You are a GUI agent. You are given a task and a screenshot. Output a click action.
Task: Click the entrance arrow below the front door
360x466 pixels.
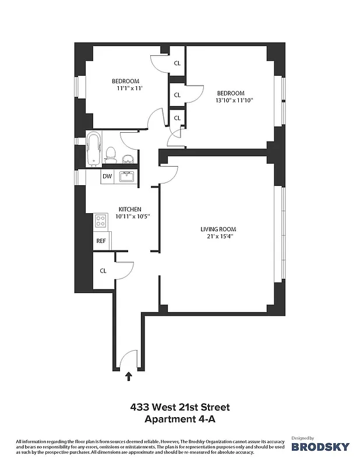pos(128,377)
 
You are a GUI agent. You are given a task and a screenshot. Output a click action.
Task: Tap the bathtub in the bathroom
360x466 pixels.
pos(93,150)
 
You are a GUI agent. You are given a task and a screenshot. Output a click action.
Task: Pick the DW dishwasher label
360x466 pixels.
pos(107,176)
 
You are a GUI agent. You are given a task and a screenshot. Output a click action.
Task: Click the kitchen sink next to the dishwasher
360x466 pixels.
pos(127,176)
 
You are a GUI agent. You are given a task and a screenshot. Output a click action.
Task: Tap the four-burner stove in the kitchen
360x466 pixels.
pos(100,221)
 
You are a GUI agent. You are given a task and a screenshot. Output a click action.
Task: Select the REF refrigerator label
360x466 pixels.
pos(101,240)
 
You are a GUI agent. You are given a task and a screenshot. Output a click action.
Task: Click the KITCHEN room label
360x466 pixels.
pos(129,209)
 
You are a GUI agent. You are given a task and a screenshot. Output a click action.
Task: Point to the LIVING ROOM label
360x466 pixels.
pos(218,229)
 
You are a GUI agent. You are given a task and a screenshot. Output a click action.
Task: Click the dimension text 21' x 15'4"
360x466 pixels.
pos(218,236)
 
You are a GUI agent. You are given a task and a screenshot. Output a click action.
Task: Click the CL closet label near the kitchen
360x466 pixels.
pos(103,270)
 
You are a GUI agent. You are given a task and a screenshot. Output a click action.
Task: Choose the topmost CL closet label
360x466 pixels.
pos(177,63)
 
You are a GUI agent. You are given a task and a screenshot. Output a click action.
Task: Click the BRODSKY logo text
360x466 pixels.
pos(320,447)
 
